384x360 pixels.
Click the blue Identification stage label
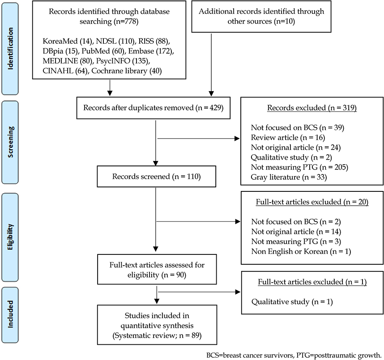pyautogui.click(x=10, y=48)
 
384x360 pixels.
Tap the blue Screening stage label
pyautogui.click(x=10, y=142)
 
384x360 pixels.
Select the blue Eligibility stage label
pyautogui.click(x=10, y=237)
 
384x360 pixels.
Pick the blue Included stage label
pyautogui.click(x=10, y=314)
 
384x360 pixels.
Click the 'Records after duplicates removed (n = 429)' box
pyautogui.click(x=154, y=108)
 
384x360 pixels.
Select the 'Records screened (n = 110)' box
pyautogui.click(x=157, y=177)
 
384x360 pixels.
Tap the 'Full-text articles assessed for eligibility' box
pyautogui.click(x=157, y=269)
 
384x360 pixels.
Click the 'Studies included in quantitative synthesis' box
pyautogui.click(x=157, y=325)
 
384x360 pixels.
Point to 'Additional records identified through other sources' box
pyautogui.click(x=261, y=17)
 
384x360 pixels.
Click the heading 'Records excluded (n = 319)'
pyautogui.click(x=312, y=108)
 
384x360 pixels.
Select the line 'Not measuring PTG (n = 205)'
pyautogui.click(x=299, y=167)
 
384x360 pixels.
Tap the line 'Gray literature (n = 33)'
pyautogui.click(x=289, y=177)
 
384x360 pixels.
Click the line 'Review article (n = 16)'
pyautogui.click(x=288, y=138)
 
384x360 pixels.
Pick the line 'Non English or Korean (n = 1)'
pyautogui.click(x=301, y=251)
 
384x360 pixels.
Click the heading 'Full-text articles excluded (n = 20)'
pyautogui.click(x=312, y=202)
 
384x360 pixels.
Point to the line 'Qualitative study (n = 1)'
pyautogui.click(x=292, y=302)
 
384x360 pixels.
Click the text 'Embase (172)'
pyautogui.click(x=151, y=51)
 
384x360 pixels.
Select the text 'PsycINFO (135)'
pyautogui.click(x=123, y=61)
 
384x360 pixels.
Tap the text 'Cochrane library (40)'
pyautogui.click(x=126, y=71)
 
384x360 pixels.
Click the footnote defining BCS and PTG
pyautogui.click(x=294, y=355)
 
